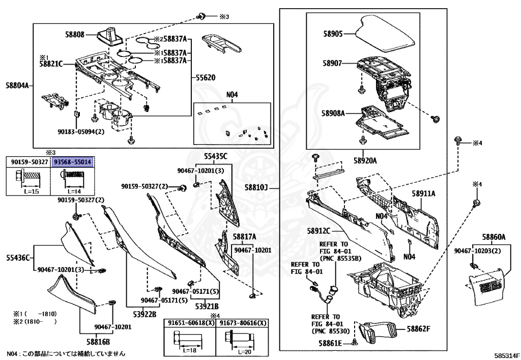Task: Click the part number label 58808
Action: click(75, 35)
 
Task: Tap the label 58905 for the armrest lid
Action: click(333, 34)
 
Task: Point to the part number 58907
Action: click(333, 64)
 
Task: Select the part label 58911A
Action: click(425, 194)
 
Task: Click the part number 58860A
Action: click(494, 237)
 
